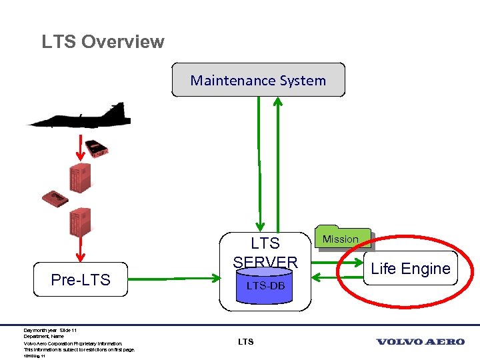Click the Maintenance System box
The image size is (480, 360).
tap(258, 80)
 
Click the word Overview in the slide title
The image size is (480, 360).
tap(123, 41)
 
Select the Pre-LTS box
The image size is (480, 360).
tap(80, 279)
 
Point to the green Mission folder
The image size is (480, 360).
tap(341, 239)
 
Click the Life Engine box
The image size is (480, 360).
tap(411, 269)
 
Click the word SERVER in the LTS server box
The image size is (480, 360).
tap(265, 261)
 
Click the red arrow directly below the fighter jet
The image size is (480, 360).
tap(82, 147)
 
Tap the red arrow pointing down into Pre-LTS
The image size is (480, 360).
tap(82, 249)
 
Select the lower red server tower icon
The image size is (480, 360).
tap(80, 223)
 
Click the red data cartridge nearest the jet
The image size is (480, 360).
tap(99, 148)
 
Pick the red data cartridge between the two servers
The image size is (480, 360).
tap(55, 198)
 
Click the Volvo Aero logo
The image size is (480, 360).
tap(420, 342)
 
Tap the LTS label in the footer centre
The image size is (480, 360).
tap(245, 342)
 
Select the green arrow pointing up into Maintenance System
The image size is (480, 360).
tap(279, 160)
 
